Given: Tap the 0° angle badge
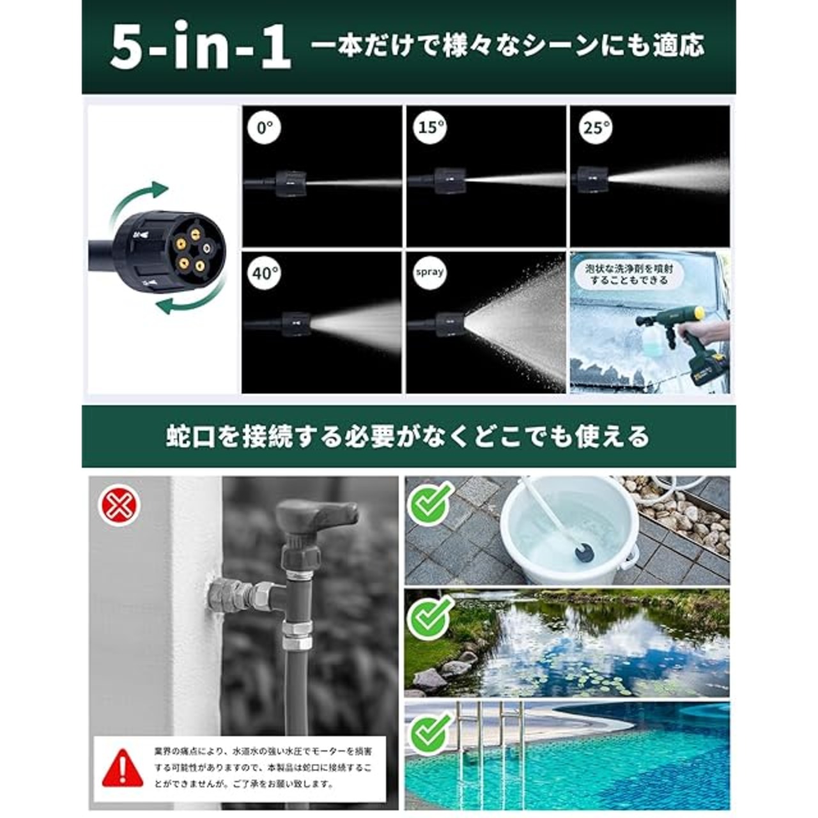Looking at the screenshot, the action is point(265,127).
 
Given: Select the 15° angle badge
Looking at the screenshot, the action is point(430,127).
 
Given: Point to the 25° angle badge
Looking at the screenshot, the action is point(596,127).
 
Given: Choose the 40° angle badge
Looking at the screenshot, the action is point(265,273).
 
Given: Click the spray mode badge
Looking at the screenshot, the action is point(429,272).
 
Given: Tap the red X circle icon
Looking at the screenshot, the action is point(120,506).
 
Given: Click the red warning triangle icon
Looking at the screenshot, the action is point(123,768).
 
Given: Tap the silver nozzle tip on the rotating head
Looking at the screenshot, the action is point(207,247).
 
